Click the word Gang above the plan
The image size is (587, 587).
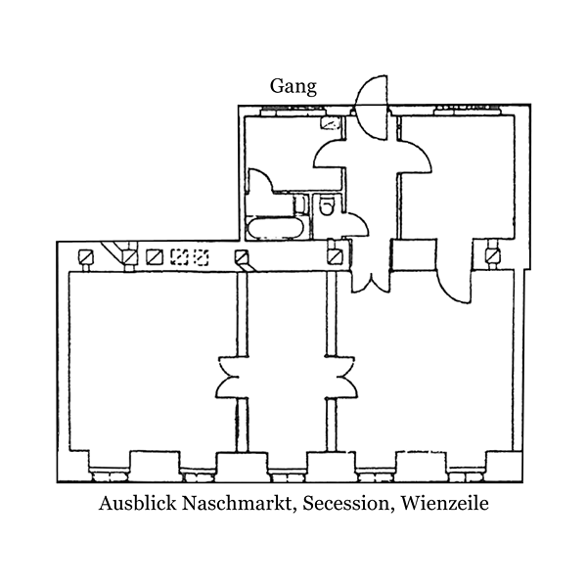click(x=293, y=86)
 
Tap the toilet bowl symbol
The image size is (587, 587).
click(x=329, y=206)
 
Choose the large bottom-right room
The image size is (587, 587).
click(x=430, y=382)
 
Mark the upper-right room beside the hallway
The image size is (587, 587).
click(x=455, y=176)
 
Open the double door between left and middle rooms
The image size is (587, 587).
click(x=238, y=377)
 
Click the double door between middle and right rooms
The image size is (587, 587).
click(x=330, y=377)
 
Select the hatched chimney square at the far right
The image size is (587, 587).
click(x=492, y=257)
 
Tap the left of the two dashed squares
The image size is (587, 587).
click(x=179, y=257)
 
